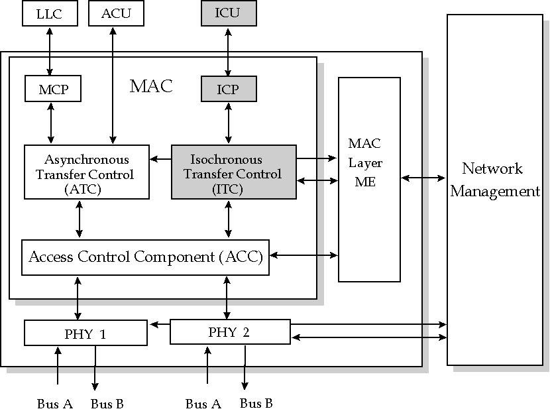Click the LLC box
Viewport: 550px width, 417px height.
[x=50, y=14]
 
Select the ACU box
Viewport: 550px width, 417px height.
[x=116, y=14]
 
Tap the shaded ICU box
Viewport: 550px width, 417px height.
[x=227, y=14]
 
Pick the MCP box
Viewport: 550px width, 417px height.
[x=52, y=89]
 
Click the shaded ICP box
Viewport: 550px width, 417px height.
[x=228, y=89]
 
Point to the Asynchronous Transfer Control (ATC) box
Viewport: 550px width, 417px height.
[x=86, y=172]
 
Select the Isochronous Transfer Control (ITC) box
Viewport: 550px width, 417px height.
[x=233, y=172]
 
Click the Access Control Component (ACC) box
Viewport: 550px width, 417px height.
[x=146, y=257]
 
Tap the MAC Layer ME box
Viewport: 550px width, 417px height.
[x=369, y=179]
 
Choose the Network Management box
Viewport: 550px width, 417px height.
[x=494, y=189]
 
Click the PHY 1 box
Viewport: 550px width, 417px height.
[x=85, y=333]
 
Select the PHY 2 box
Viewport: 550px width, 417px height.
[x=229, y=331]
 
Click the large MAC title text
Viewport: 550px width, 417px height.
[x=151, y=86]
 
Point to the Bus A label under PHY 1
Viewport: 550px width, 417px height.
[x=54, y=404]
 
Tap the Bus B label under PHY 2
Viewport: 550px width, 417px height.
[x=256, y=403]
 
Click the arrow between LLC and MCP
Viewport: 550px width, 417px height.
[x=50, y=51]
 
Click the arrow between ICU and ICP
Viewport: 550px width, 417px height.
[x=228, y=51]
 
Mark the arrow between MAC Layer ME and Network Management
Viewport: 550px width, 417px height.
[x=423, y=178]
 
